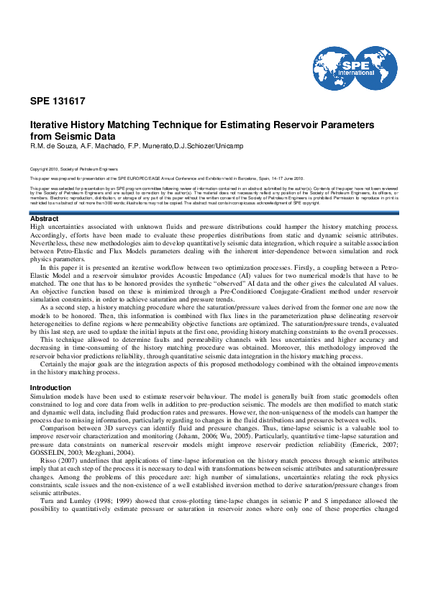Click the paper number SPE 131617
[x=58, y=101]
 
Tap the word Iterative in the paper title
[x=48, y=125]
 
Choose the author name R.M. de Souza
[x=50, y=146]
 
